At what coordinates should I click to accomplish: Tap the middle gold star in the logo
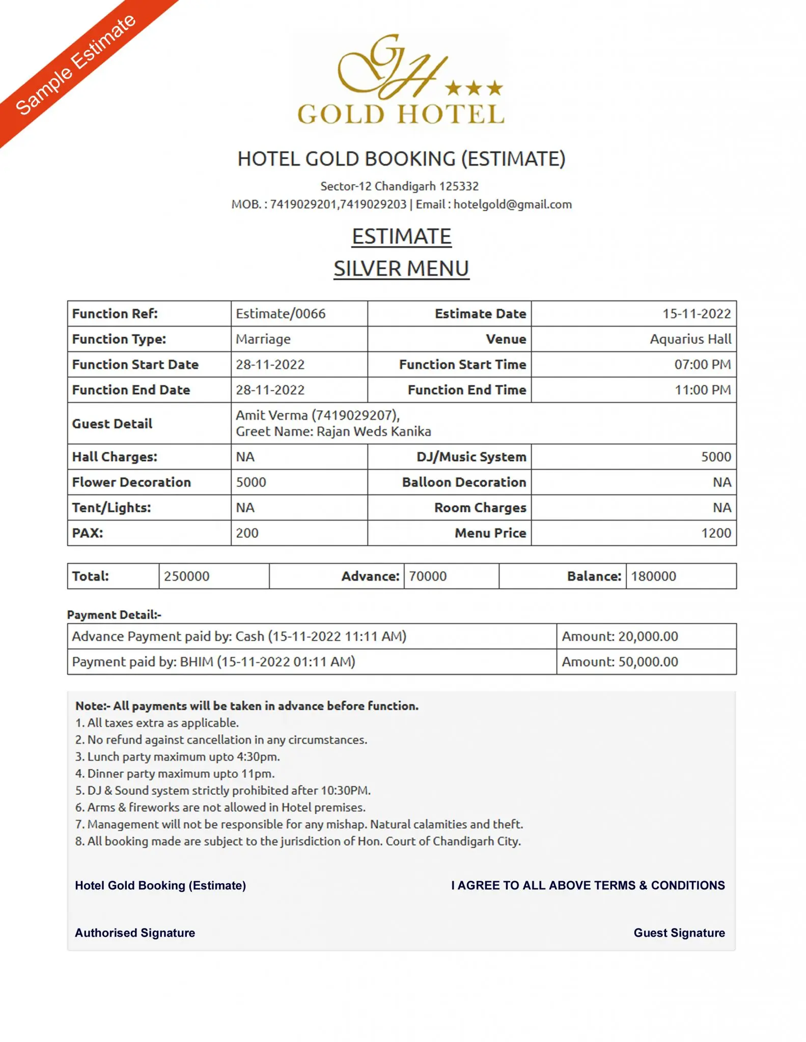[474, 89]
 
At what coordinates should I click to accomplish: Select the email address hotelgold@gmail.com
[512, 205]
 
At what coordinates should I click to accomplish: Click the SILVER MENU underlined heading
[401, 269]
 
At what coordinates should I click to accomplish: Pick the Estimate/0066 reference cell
[281, 313]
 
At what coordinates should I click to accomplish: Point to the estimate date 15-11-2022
[696, 313]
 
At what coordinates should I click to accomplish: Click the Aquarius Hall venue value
[690, 339]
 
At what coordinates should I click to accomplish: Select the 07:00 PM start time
[702, 364]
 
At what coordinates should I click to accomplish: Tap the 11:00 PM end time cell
[702, 390]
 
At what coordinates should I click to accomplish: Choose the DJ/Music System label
[471, 457]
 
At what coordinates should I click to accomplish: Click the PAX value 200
[247, 533]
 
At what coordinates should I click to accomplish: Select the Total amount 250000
[187, 576]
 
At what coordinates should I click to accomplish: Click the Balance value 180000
[653, 576]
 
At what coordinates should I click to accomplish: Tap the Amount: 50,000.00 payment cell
[620, 662]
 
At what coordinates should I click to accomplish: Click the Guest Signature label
[679, 933]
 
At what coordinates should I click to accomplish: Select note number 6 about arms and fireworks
[220, 807]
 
